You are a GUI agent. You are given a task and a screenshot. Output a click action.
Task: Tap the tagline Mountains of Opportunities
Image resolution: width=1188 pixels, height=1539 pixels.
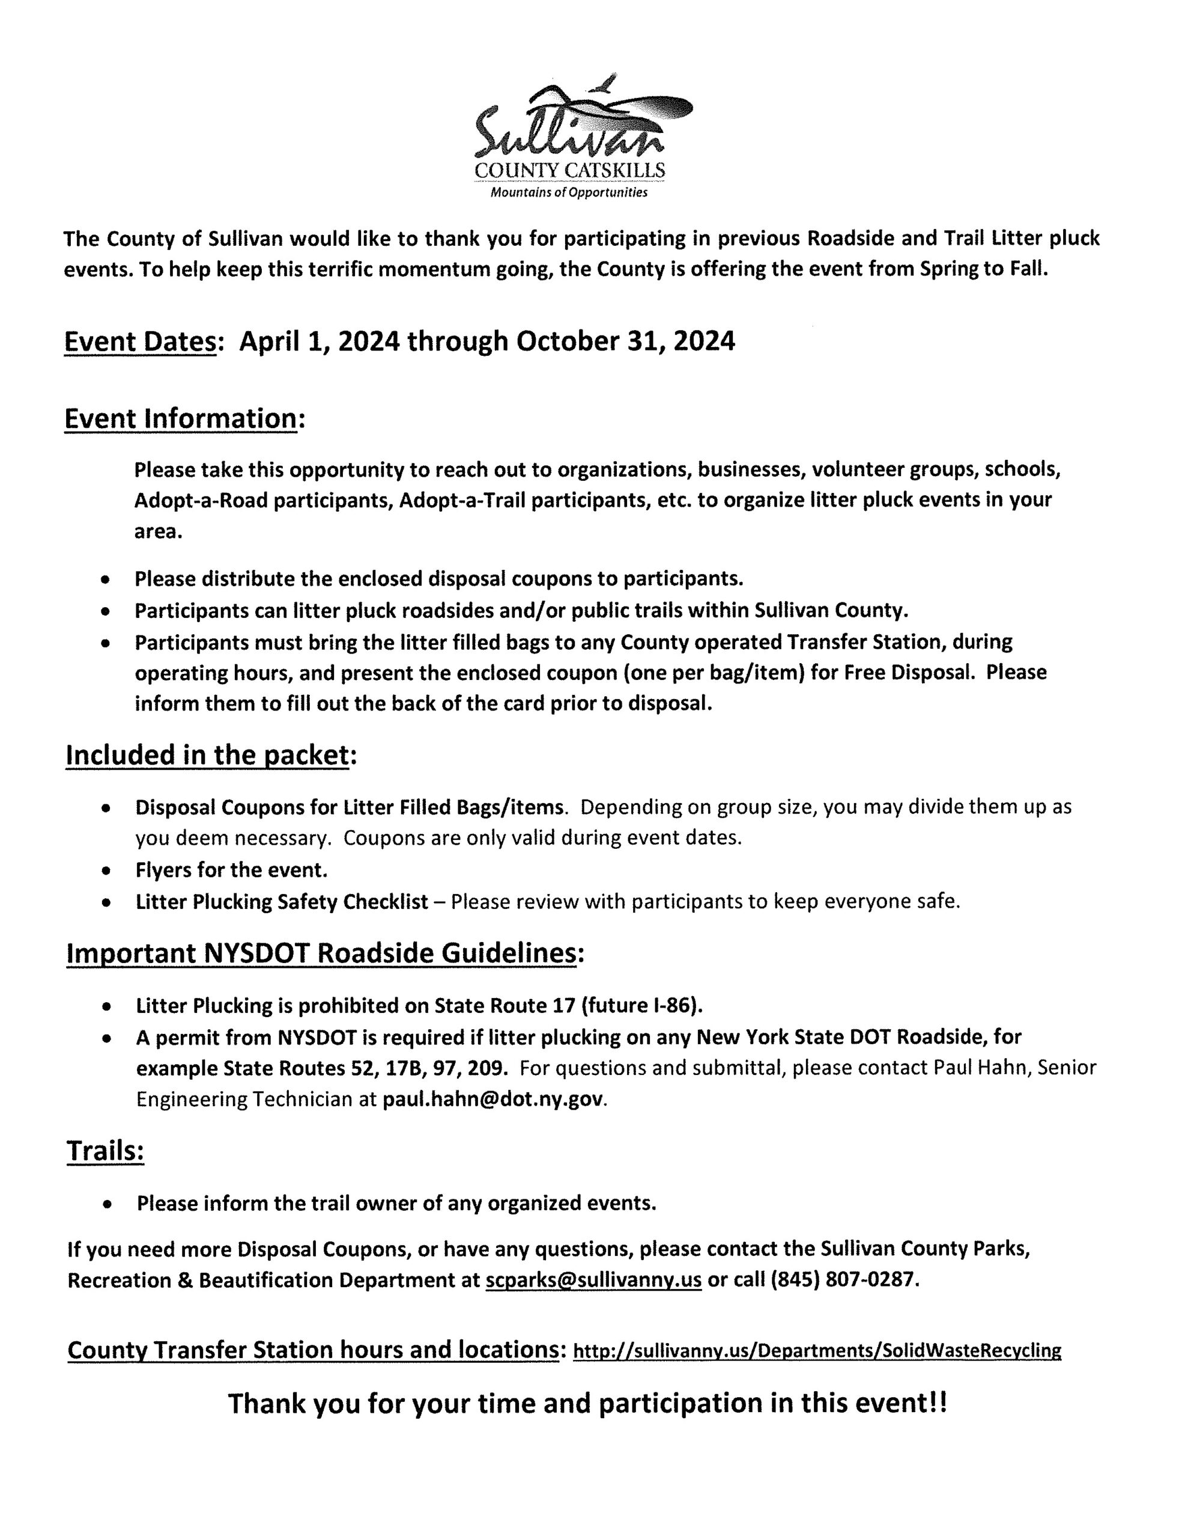pyautogui.click(x=568, y=192)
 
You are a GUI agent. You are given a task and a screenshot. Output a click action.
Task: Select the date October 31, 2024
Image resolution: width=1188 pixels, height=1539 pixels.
pyautogui.click(x=625, y=341)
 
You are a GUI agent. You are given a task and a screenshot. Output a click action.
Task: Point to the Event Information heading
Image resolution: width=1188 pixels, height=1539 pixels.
pyautogui.click(x=180, y=418)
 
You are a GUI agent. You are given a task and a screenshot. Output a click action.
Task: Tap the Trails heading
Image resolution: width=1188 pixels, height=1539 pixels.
pyautogui.click(x=105, y=1150)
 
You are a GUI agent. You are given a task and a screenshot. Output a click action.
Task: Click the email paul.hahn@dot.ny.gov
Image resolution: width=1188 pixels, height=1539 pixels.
pyautogui.click(x=492, y=1100)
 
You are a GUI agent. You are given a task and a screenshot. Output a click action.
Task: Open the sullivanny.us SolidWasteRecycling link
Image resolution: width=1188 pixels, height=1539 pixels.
pyautogui.click(x=817, y=1350)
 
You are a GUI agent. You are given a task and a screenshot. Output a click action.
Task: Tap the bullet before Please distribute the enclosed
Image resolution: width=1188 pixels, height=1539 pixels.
pyautogui.click(x=105, y=580)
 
